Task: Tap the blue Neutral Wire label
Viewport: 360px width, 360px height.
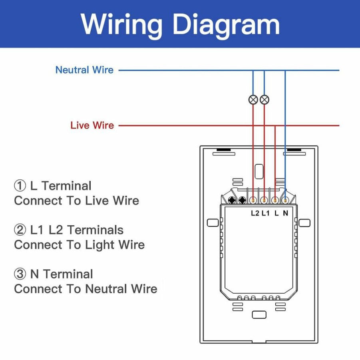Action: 84,70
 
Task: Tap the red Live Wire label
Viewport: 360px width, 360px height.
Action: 92,125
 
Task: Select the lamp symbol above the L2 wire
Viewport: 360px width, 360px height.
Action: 253,99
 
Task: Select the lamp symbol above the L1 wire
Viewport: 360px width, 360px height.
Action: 264,99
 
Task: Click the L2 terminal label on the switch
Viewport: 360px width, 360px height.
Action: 255,213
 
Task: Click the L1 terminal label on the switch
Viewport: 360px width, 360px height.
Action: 265,213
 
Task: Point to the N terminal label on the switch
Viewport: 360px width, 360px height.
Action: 285,213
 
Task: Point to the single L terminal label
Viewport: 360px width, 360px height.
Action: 276,213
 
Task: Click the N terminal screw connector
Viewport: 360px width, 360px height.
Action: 285,201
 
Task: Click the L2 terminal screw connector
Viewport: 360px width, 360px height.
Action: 253,201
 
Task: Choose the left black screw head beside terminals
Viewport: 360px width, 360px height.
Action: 232,200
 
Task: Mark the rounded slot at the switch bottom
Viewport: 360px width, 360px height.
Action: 259,315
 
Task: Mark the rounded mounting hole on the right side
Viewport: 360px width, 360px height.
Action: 304,223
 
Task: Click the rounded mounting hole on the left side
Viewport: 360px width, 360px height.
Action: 213,223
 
